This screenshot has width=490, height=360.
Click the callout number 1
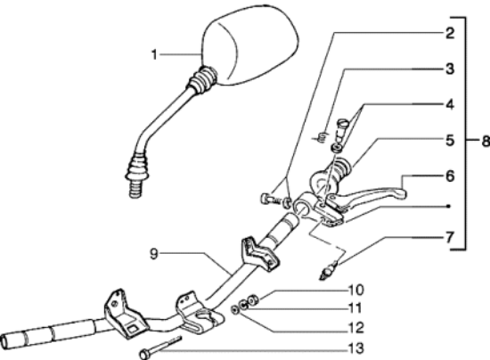(x=154, y=54)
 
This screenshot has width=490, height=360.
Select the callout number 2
(x=449, y=33)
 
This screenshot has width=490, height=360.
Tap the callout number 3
(x=449, y=69)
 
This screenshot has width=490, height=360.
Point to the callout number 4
(x=449, y=104)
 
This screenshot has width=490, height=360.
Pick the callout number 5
(x=449, y=140)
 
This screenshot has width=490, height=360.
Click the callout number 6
(x=449, y=176)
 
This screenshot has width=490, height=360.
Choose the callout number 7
(x=449, y=238)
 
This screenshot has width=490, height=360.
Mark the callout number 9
(x=153, y=254)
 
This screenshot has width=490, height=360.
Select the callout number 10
(x=355, y=290)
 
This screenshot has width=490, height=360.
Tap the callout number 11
(x=355, y=308)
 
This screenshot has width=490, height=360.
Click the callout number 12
(x=355, y=328)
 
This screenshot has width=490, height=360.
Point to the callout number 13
(x=355, y=348)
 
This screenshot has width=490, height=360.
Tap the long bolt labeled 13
(x=160, y=348)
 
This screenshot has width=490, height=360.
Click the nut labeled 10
(x=252, y=300)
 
